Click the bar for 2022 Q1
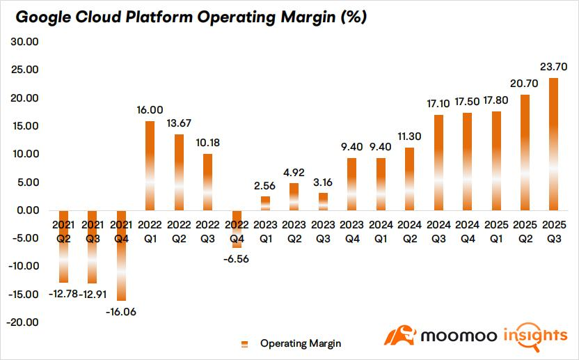[150, 166]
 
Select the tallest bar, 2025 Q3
[554, 144]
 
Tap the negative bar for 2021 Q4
[121, 256]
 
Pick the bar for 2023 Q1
[266, 203]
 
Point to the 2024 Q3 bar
[438, 163]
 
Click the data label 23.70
[553, 67]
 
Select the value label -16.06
[121, 312]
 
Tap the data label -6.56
[236, 259]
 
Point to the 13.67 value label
[179, 123]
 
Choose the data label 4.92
[294, 173]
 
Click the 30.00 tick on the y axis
[25, 42]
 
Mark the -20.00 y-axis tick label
[22, 322]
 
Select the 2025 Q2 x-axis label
[525, 232]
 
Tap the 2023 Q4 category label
[352, 232]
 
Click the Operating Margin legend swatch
[244, 344]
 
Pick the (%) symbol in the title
[354, 17]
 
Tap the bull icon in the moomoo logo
[400, 335]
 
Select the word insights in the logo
[535, 336]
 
